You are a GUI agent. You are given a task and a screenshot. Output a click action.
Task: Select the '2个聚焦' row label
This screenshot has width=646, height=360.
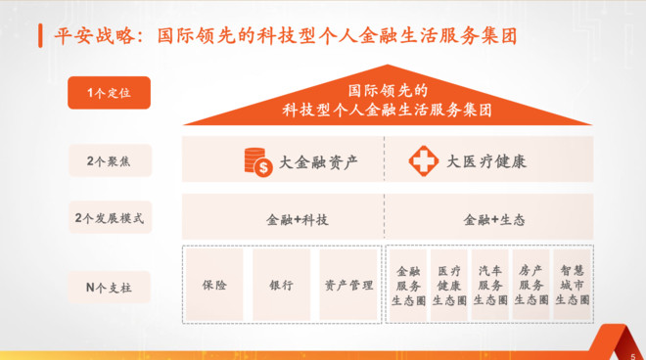[x=109, y=160]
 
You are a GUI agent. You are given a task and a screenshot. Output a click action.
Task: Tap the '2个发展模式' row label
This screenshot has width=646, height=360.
[x=109, y=217]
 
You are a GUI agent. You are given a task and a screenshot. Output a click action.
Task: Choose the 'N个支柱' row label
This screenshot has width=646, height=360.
[x=109, y=288]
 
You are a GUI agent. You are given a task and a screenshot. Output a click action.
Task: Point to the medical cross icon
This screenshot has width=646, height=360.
[x=423, y=161]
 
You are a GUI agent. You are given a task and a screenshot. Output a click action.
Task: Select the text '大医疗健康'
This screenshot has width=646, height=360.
[x=485, y=162]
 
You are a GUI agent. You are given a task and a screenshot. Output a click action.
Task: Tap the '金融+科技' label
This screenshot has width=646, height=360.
[x=298, y=219]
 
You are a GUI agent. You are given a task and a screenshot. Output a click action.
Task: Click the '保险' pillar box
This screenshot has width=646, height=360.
[x=212, y=286]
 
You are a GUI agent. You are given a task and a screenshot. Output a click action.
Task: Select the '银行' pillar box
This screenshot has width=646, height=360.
[x=280, y=286]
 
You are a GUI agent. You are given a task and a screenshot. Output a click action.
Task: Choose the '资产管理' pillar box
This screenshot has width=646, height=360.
[x=347, y=286]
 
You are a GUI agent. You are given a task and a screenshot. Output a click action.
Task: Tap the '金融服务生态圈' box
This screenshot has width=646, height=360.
[x=407, y=285]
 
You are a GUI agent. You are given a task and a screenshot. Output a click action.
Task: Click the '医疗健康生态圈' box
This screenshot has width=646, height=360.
[x=448, y=285]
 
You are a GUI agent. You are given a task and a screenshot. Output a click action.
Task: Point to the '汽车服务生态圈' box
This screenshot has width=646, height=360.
[x=489, y=285]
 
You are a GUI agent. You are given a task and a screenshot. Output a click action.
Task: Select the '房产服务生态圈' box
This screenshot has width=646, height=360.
[x=531, y=285]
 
